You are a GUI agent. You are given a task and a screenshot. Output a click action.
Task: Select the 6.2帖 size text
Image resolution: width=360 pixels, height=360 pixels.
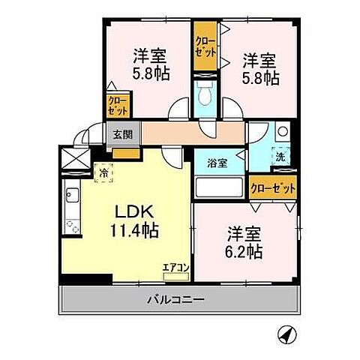pyautogui.click(x=244, y=253)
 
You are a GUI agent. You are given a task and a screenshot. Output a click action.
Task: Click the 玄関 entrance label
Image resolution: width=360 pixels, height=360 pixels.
pyautogui.click(x=123, y=136)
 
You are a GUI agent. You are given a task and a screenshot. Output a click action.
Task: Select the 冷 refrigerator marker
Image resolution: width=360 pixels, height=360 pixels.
pyautogui.click(x=104, y=172)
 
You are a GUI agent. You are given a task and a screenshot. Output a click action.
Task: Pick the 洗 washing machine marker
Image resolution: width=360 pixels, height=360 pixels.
pyautogui.click(x=279, y=159)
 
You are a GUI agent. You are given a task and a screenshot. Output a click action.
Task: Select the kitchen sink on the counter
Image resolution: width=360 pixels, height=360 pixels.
pyautogui.click(x=73, y=198)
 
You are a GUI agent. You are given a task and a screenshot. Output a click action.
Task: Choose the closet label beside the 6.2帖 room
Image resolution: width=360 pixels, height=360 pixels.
pyautogui.click(x=271, y=187)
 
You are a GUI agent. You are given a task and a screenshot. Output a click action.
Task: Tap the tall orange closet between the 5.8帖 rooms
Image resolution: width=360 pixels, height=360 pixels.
pyautogui.click(x=204, y=46)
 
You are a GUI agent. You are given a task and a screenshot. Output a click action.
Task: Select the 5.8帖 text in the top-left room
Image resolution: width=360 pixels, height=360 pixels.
pyautogui.click(x=150, y=74)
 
